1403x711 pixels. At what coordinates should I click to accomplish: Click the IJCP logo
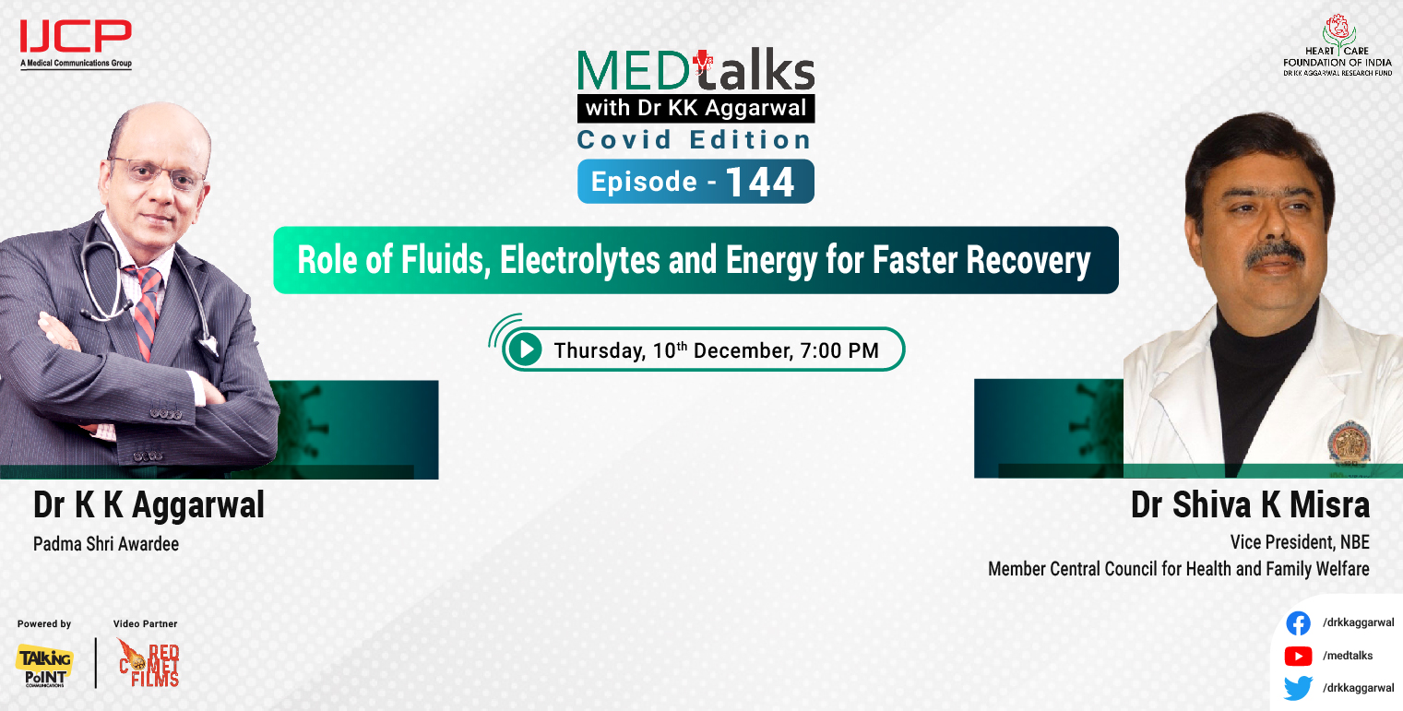(76, 39)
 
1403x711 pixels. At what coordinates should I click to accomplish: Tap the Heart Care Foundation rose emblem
(1336, 29)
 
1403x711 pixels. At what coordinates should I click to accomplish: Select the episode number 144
(759, 182)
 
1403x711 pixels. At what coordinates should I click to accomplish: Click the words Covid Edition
(695, 140)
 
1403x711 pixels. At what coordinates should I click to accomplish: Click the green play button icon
(525, 350)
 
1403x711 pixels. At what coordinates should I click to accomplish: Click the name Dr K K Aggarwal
(149, 505)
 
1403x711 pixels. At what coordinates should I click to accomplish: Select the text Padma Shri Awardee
(106, 544)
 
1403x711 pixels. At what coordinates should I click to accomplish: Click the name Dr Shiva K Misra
(1250, 505)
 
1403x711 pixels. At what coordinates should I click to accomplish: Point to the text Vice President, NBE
(1299, 542)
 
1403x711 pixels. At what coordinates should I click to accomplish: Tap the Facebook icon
(1298, 623)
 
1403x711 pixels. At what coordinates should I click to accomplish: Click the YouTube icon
(1298, 656)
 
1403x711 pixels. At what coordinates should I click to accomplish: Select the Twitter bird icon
(1298, 688)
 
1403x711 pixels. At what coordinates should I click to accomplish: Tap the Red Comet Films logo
(149, 663)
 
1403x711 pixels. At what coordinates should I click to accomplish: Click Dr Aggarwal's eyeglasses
(156, 172)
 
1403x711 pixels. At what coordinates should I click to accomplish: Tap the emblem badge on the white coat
(1349, 441)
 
